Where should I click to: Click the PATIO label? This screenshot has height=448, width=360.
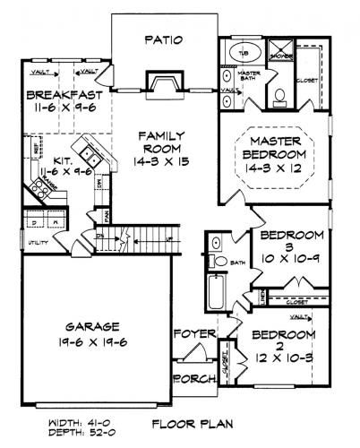click(x=163, y=39)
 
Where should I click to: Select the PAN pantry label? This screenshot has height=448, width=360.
click(x=106, y=216)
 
